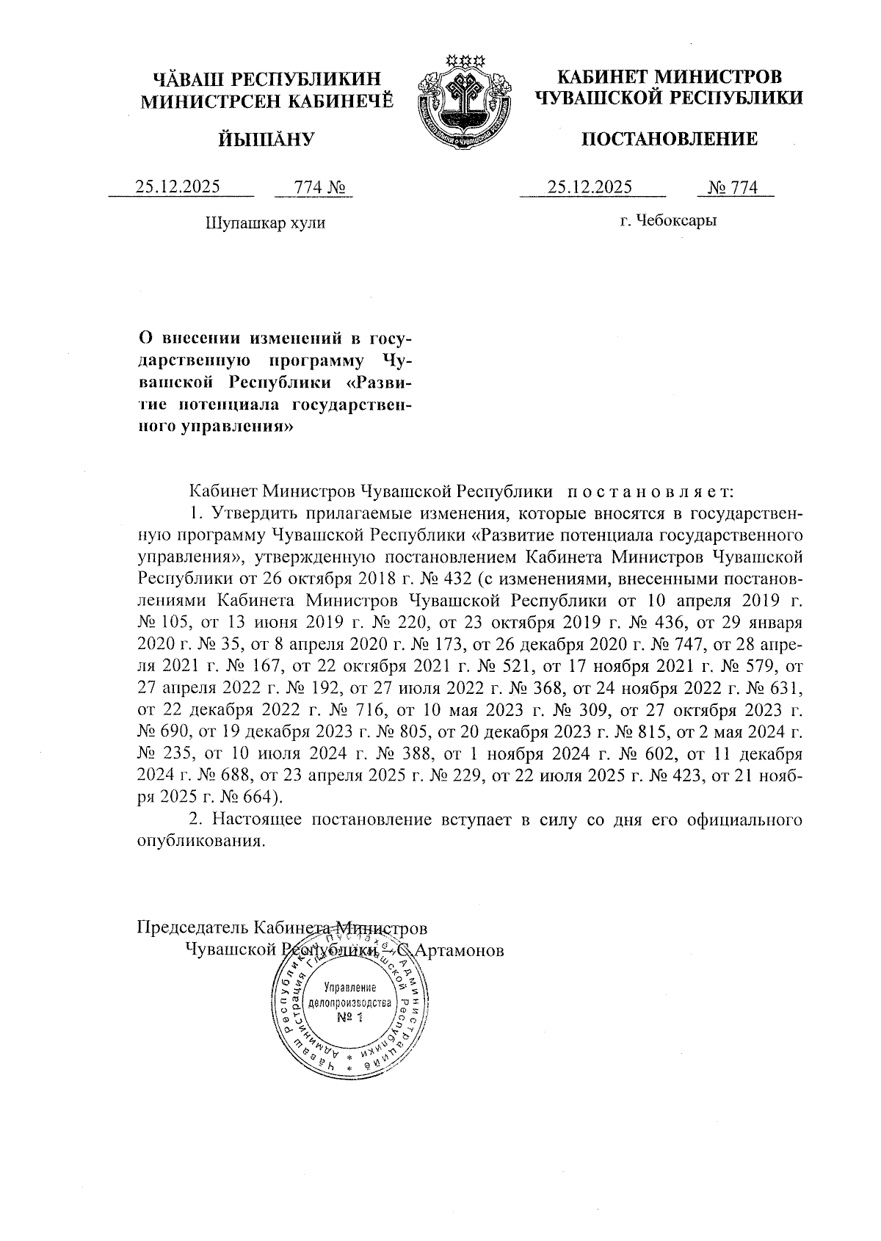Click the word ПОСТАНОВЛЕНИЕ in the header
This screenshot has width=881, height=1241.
click(670, 139)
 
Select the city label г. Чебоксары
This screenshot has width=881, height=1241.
click(667, 220)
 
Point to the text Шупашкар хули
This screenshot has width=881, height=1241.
click(265, 222)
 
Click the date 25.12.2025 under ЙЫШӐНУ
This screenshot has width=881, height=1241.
click(178, 187)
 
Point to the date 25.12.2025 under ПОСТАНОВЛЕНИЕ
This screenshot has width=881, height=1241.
click(590, 187)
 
